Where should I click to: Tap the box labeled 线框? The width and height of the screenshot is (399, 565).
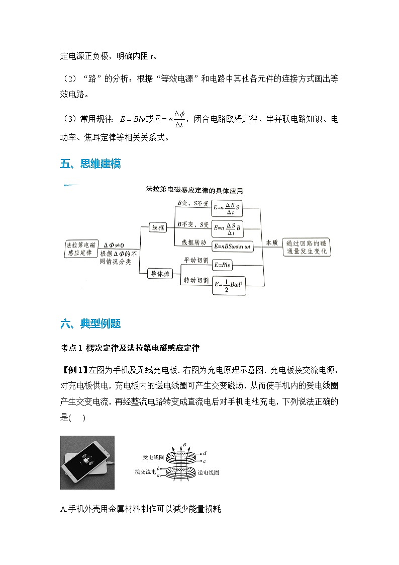coord(159,228)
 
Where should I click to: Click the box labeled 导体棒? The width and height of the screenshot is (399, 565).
coord(159,274)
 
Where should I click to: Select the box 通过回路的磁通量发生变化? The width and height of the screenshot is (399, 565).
coord(307,247)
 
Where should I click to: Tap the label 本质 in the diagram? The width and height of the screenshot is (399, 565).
coord(271,242)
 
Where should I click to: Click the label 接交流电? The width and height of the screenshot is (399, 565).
coord(145,472)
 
